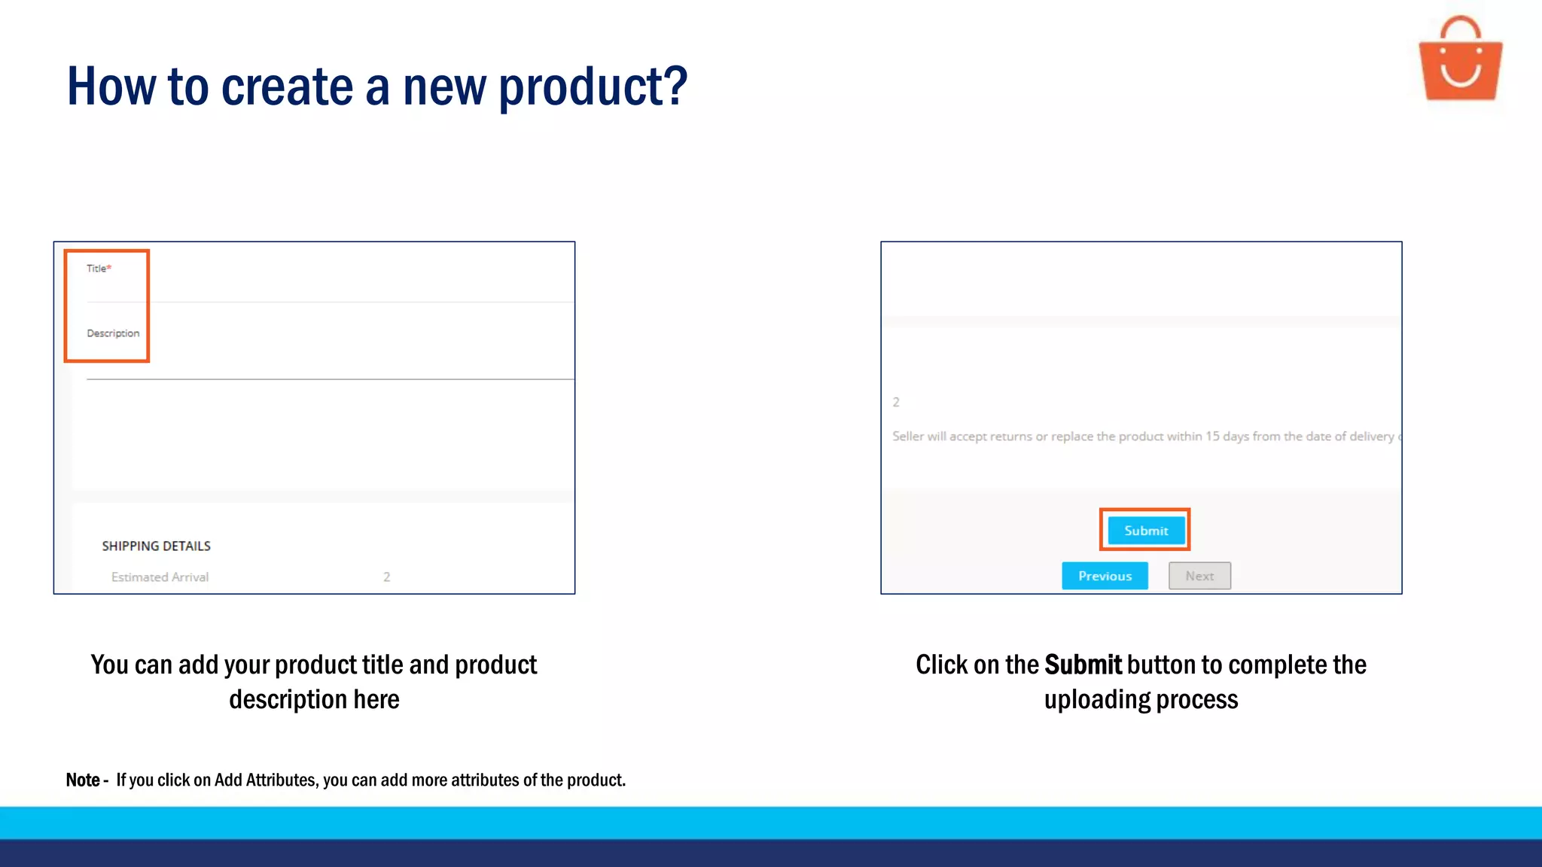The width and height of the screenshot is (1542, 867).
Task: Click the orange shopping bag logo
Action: (1460, 60)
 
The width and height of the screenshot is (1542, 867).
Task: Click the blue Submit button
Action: (1145, 531)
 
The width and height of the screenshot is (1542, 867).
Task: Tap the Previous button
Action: (1105, 576)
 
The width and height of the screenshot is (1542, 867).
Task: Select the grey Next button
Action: (1199, 576)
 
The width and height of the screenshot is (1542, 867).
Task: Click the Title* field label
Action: (99, 269)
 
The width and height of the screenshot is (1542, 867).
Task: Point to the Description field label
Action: (113, 333)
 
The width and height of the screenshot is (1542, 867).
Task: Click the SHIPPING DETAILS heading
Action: (157, 546)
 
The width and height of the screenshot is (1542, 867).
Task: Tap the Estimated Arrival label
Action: (160, 577)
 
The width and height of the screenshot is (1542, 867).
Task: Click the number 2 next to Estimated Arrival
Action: (386, 577)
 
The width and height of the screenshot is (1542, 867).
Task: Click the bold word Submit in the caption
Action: (1083, 665)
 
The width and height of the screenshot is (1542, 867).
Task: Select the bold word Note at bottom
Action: (83, 780)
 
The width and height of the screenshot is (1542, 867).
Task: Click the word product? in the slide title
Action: (593, 87)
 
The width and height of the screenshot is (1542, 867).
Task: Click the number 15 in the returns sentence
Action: (1212, 437)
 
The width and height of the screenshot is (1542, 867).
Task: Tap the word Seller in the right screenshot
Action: (908, 437)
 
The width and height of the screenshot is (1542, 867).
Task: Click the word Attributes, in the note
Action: (282, 780)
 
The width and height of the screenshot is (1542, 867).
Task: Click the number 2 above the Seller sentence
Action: (896, 402)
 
